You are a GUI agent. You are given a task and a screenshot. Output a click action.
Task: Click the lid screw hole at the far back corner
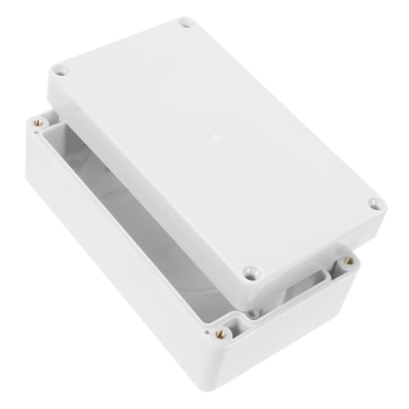coord(185,23)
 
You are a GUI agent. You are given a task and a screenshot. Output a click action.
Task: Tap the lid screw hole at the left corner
coord(66,72)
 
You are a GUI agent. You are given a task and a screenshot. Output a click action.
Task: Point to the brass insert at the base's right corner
coord(349,261)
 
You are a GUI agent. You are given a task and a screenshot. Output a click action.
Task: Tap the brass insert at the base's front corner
coord(220,333)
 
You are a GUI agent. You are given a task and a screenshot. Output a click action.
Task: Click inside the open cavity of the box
coord(123,213)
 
